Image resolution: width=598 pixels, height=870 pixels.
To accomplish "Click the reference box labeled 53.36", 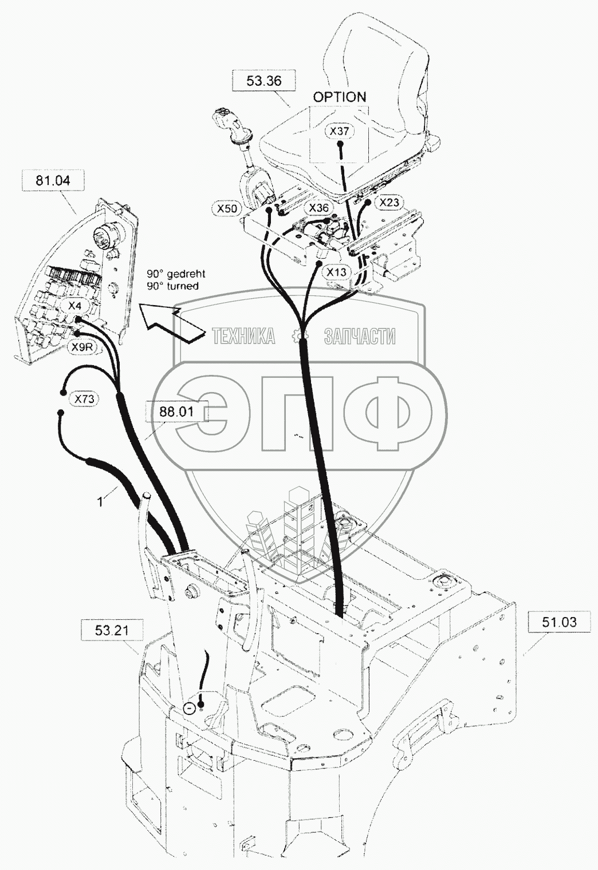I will coord(264,81).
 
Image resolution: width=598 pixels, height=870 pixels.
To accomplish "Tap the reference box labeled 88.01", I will coord(176,412).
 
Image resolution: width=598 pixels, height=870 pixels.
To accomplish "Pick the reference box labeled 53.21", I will coord(113,631).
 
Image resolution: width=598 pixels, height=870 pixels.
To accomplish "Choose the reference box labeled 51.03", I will coord(559,622).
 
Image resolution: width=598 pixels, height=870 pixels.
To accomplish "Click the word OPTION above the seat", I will coord(340,97).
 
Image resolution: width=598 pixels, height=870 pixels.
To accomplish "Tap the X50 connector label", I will coord(227,209).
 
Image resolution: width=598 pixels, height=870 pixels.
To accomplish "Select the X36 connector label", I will coord(318,207).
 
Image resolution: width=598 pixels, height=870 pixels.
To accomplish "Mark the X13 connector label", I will coord(336,272).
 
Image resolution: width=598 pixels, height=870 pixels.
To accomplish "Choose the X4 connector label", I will coord(76,306).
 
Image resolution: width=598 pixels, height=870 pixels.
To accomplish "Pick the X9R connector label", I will coord(81,347).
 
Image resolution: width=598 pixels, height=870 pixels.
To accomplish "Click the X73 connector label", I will coord(84,398).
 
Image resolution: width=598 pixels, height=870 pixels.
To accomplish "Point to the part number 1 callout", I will coord(101,502).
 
